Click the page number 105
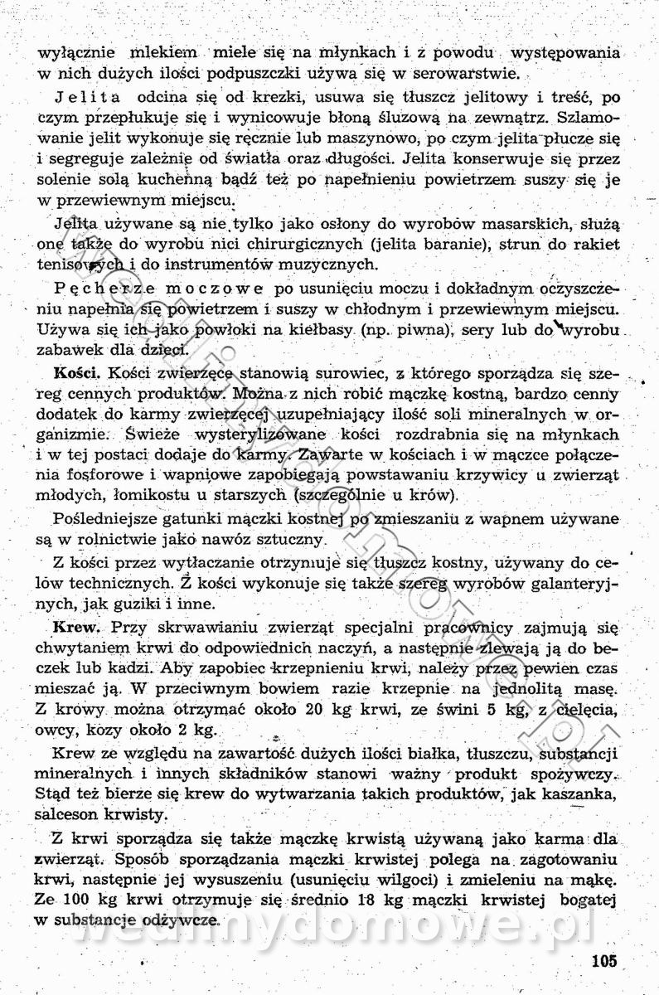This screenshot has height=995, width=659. pos(605,963)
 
